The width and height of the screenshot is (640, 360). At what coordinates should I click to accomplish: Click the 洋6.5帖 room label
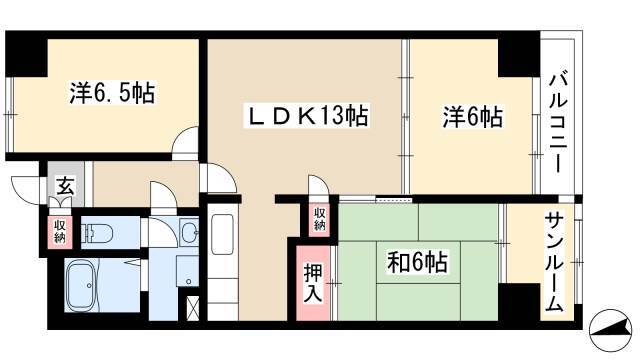click(x=112, y=93)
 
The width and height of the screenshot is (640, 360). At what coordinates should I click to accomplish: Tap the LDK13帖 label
click(x=307, y=116)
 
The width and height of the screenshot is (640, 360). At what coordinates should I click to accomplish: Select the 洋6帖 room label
click(x=473, y=117)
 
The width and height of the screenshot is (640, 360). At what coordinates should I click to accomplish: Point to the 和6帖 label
click(x=417, y=262)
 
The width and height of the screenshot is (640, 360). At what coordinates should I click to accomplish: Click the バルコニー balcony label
click(x=558, y=122)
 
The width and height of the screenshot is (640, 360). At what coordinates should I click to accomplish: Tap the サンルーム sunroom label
click(x=554, y=262)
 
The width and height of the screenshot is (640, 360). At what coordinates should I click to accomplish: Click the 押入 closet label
click(x=313, y=283)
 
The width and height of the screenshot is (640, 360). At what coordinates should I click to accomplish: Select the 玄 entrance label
click(x=65, y=187)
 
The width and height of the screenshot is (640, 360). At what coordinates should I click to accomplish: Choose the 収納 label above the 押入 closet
click(x=320, y=219)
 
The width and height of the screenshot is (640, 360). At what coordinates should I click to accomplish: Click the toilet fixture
click(x=97, y=233)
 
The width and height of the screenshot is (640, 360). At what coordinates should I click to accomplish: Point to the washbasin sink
click(x=189, y=233)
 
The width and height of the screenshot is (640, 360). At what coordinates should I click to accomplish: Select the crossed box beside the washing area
click(x=192, y=307)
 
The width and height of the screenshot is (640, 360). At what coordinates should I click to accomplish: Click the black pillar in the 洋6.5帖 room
click(x=26, y=54)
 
